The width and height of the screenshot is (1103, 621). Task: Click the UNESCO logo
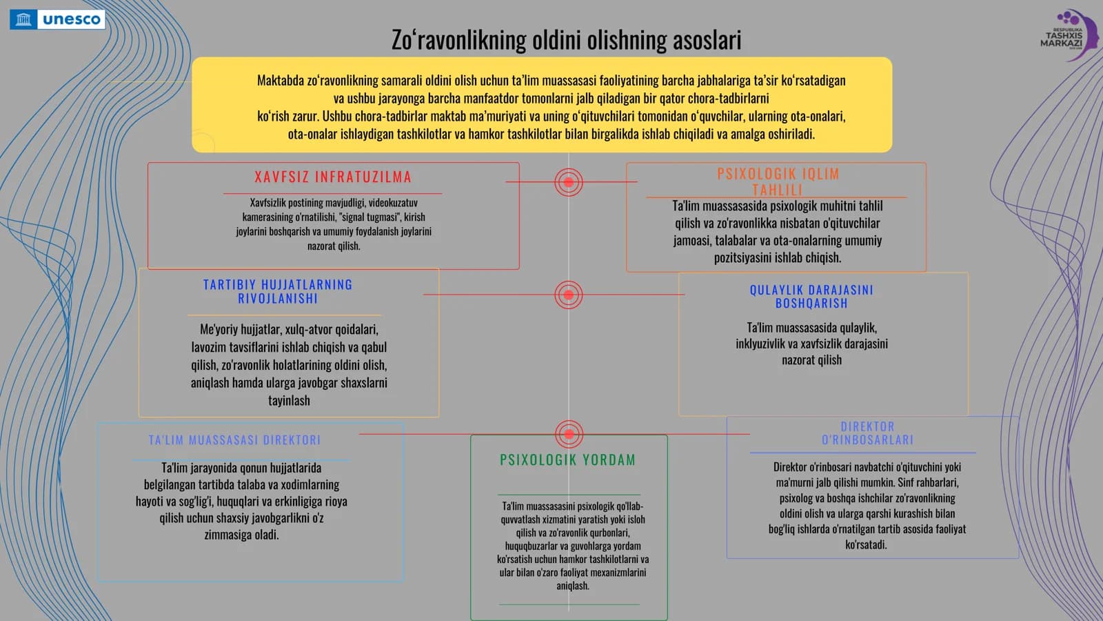(57, 20)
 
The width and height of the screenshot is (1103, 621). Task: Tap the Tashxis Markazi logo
(1069, 34)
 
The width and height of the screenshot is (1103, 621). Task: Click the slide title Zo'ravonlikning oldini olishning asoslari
(566, 40)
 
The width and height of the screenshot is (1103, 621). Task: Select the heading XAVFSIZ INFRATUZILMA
(333, 177)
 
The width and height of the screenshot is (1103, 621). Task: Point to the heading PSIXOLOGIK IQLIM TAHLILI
(778, 181)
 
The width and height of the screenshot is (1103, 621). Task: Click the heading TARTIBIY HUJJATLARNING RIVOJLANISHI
(279, 291)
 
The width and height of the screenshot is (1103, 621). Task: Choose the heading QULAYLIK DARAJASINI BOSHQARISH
(811, 296)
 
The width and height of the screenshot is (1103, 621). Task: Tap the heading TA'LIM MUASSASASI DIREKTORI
(234, 440)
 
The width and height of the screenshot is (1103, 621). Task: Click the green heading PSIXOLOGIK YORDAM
(568, 460)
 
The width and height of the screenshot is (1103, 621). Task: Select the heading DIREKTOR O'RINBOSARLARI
(867, 433)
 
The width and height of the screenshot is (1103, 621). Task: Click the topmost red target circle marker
(569, 182)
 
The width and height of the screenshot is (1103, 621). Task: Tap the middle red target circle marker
(569, 295)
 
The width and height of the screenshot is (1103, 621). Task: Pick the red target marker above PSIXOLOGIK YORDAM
(569, 434)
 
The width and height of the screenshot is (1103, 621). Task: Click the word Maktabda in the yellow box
(280, 80)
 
